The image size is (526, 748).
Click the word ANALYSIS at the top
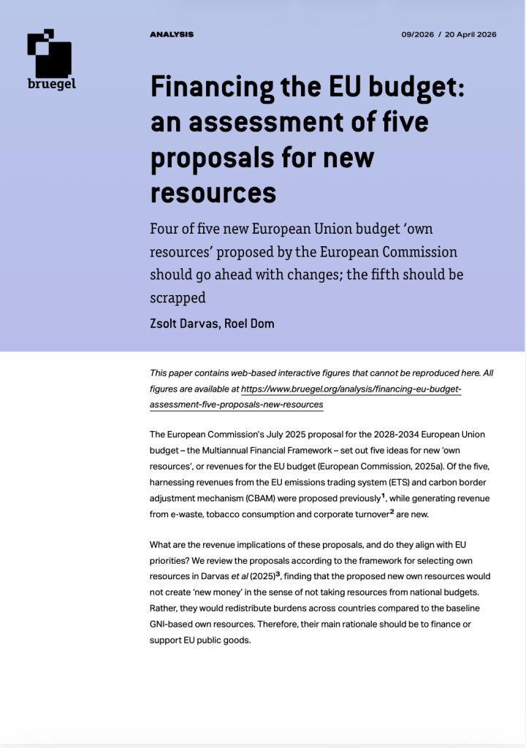coord(172,34)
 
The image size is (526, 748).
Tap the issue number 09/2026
coord(416,34)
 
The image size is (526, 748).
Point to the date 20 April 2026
coord(471,34)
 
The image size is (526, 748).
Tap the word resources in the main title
coord(213,191)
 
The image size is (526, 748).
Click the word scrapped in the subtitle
coord(178,297)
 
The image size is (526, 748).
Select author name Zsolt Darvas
coord(180,323)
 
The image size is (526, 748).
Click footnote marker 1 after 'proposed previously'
coord(384,496)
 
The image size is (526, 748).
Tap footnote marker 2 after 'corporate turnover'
coord(392,511)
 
